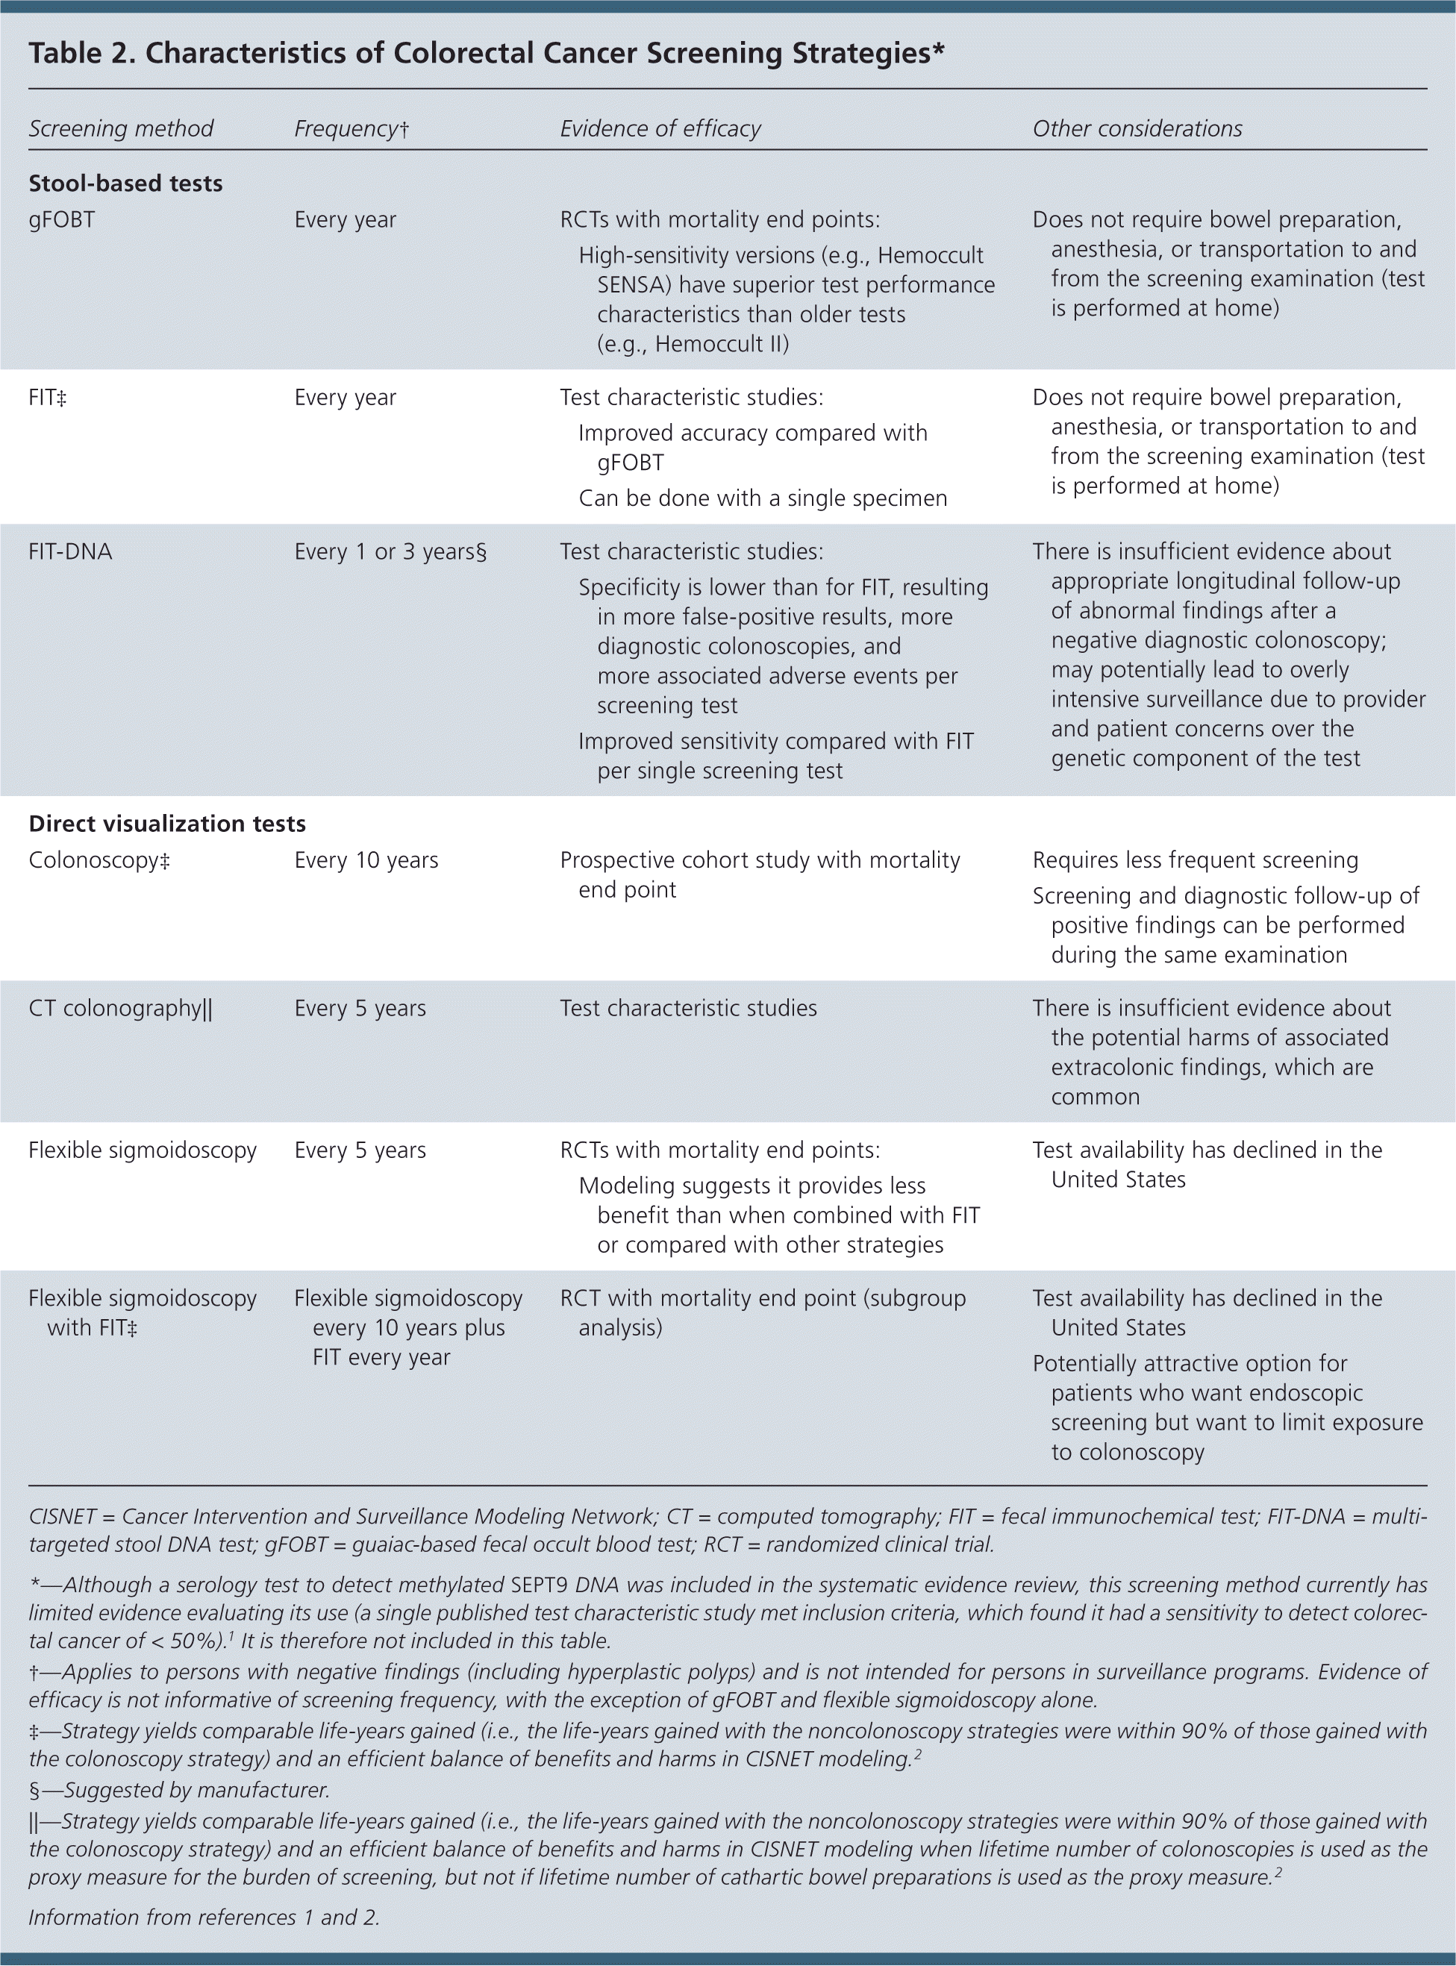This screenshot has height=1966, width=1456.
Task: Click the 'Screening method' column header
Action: (x=121, y=128)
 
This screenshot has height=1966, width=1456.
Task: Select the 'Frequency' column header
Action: (x=351, y=128)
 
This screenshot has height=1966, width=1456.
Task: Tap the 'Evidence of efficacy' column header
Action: (x=660, y=128)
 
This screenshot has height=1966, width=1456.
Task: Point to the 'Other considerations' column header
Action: (x=1137, y=128)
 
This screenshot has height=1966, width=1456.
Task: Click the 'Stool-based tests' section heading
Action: (x=125, y=184)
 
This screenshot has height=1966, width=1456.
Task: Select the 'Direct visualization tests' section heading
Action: (x=166, y=823)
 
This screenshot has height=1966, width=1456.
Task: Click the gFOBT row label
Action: (x=62, y=219)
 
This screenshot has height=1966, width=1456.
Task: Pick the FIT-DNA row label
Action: (x=70, y=551)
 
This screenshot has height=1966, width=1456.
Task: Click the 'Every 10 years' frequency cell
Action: (x=366, y=860)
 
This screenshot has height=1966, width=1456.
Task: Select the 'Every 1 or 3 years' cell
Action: (x=390, y=551)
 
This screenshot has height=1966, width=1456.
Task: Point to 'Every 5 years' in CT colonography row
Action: (x=360, y=1008)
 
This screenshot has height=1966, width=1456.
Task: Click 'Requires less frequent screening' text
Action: (x=1195, y=860)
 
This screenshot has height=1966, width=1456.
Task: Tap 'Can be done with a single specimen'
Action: (x=763, y=498)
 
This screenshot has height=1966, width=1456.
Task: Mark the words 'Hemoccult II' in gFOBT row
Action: (x=721, y=344)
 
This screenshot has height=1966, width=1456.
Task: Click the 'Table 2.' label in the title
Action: (x=81, y=54)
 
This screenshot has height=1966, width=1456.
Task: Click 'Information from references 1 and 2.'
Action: (x=204, y=1917)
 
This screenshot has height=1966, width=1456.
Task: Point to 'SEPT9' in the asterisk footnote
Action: (x=540, y=1585)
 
